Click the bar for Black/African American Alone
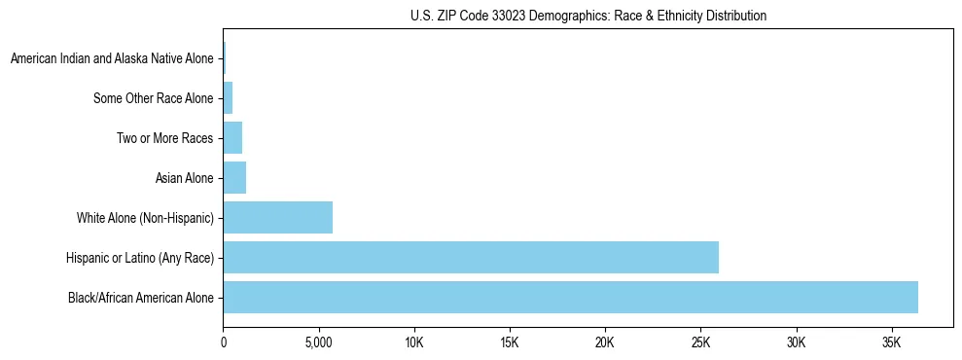click(x=570, y=297)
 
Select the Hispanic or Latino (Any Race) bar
click(x=471, y=257)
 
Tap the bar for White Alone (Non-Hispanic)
click(x=278, y=217)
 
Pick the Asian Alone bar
click(x=234, y=177)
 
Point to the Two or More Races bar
click(x=232, y=137)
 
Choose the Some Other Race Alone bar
click(x=228, y=97)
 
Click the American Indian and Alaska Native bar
click(x=225, y=58)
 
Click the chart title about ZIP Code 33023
click(x=588, y=16)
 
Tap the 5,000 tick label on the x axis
click(x=319, y=344)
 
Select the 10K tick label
click(x=414, y=344)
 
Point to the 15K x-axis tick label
click(x=510, y=344)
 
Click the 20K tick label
click(x=605, y=344)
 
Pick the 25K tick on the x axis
click(x=701, y=344)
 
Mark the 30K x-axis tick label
click(x=797, y=344)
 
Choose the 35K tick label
click(x=892, y=344)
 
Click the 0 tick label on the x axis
click(x=224, y=344)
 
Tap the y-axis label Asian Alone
click(x=184, y=178)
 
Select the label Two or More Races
click(x=164, y=138)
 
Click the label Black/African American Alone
click(x=140, y=298)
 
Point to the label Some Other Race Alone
click(x=153, y=98)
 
